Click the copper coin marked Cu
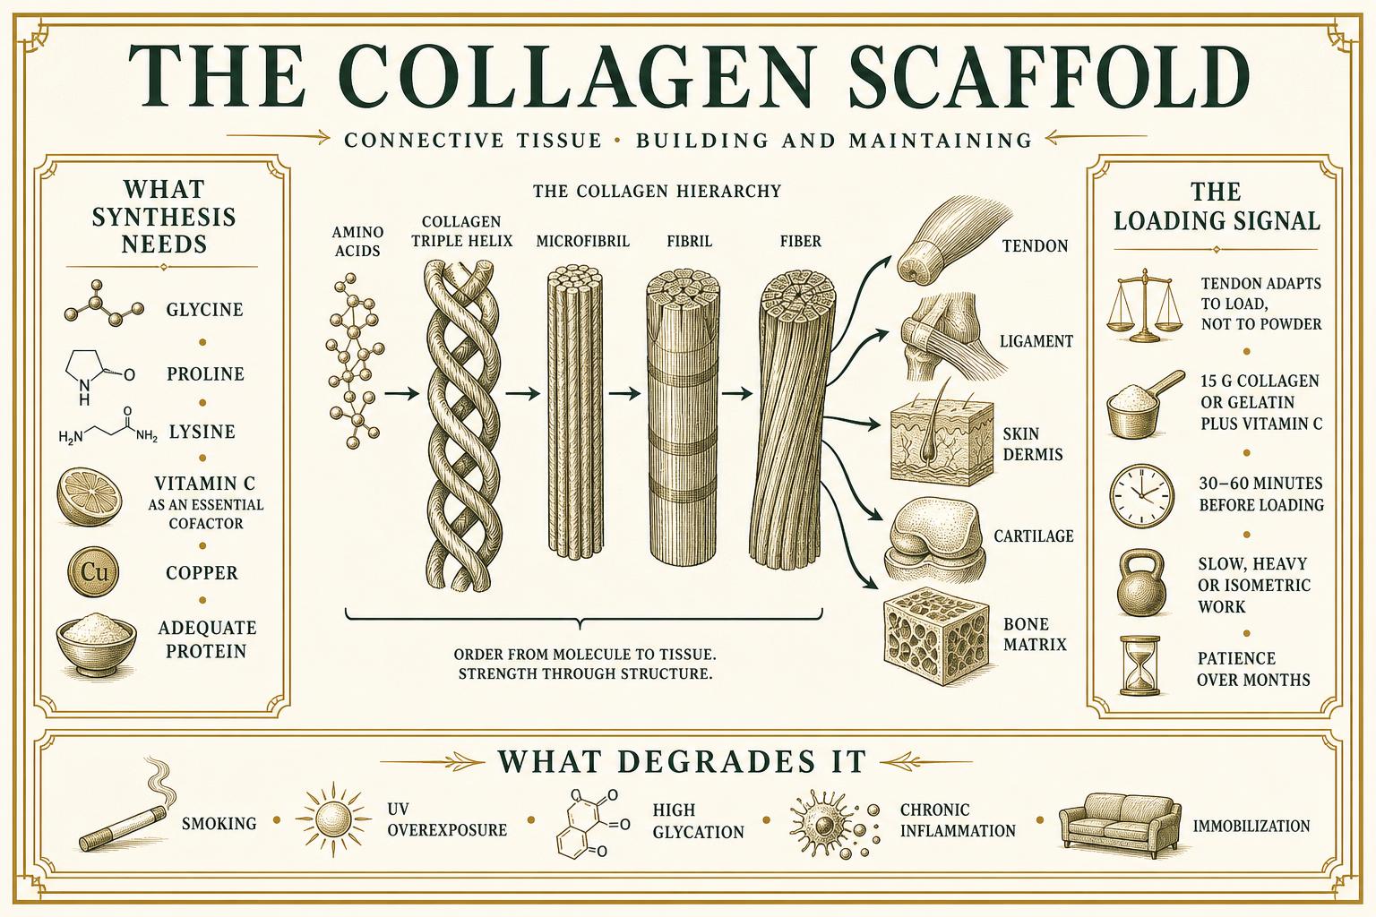tap(94, 572)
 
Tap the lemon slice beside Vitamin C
tap(89, 497)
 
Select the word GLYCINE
tap(204, 309)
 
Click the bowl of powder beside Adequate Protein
tap(96, 644)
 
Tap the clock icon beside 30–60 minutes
tap(1141, 495)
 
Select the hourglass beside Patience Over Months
tap(1140, 665)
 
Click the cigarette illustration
tap(123, 814)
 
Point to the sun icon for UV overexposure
tap(333, 819)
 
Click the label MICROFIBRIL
tap(583, 242)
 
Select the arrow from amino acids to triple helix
tap(401, 394)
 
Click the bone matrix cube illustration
tap(936, 637)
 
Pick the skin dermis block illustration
tap(942, 441)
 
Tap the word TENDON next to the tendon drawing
tap(1035, 246)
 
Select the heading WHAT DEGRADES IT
tap(682, 761)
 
